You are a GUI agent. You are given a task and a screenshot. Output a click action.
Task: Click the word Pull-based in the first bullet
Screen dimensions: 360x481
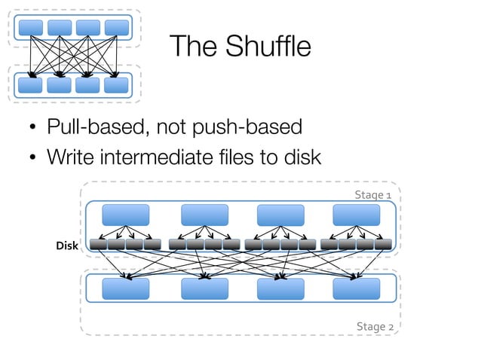tap(97, 127)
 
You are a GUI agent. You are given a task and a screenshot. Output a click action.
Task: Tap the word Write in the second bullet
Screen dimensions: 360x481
tap(70, 158)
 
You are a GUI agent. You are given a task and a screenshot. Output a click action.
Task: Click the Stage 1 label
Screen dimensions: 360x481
tap(373, 196)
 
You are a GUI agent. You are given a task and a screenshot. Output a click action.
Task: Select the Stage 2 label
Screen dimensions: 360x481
tap(374, 326)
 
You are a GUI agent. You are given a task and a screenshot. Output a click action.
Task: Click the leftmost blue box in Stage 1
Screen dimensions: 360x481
tap(125, 215)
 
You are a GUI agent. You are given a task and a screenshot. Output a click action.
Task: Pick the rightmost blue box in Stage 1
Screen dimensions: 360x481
tap(356, 215)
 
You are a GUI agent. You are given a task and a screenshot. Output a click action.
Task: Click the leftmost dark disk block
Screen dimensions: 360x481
tap(98, 244)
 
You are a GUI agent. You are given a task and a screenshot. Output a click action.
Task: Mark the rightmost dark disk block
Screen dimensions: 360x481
tap(383, 244)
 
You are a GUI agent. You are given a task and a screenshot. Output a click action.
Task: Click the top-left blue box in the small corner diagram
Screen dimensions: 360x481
tap(31, 27)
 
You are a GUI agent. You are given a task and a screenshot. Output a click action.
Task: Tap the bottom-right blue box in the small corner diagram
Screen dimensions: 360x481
tap(116, 84)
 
